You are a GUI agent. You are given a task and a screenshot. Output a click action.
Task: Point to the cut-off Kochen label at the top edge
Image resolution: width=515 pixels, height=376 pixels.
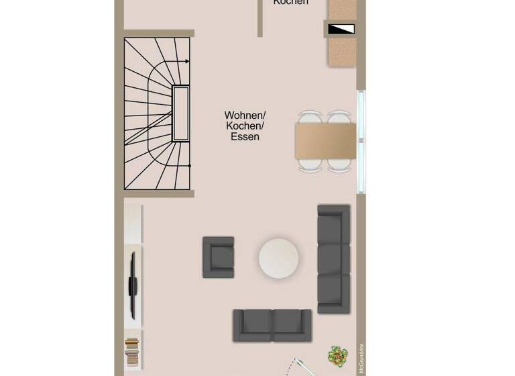(291, 3)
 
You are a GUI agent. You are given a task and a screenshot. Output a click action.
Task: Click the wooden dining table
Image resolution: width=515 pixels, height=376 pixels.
(326, 141)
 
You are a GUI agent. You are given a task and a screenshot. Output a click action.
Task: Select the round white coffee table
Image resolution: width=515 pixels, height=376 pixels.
(279, 258)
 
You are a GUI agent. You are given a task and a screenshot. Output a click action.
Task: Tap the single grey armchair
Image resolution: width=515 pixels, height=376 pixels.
(219, 257)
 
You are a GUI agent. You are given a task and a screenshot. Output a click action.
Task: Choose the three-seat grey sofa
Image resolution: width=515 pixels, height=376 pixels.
(334, 258)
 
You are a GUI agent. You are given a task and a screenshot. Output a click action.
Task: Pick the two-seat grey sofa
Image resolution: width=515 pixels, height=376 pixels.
(272, 325)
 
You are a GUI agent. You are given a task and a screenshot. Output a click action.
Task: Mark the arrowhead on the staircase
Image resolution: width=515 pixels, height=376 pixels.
(187, 62)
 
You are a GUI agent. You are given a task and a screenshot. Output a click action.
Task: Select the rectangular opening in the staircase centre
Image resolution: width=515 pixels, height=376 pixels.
(180, 113)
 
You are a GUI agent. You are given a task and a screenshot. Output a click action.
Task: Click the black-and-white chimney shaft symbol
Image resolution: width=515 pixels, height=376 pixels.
(342, 29)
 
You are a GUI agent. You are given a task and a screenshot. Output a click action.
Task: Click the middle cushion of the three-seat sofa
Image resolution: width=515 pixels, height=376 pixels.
(334, 258)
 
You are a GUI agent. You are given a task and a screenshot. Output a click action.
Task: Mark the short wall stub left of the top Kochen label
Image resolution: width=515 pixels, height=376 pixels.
(260, 18)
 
